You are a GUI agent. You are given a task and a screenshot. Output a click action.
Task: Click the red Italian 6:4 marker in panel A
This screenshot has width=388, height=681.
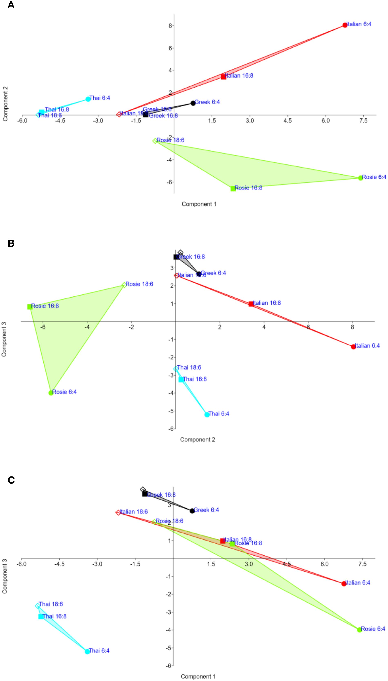click(x=345, y=25)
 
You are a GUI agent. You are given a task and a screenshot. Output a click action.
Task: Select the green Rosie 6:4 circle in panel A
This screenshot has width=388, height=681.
click(x=360, y=178)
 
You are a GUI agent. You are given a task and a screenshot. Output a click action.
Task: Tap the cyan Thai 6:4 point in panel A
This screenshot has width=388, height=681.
click(x=88, y=99)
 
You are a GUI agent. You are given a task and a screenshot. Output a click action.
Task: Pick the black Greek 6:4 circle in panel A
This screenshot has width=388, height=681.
click(x=193, y=103)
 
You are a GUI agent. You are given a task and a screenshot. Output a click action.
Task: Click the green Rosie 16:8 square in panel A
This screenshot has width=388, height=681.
click(x=233, y=189)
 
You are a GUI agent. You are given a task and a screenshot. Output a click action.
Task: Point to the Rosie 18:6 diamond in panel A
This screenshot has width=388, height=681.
click(x=155, y=141)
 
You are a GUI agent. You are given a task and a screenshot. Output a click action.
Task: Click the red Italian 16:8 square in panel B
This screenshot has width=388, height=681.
click(x=251, y=304)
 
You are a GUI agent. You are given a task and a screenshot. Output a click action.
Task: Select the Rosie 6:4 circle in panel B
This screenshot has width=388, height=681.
click(x=51, y=393)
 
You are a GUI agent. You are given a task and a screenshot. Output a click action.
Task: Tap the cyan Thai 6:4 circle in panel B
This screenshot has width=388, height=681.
click(x=207, y=415)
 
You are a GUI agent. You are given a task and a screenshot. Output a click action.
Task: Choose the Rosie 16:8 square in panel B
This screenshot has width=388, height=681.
click(x=30, y=307)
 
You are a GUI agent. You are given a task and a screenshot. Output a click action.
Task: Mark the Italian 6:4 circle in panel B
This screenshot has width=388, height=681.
click(x=353, y=347)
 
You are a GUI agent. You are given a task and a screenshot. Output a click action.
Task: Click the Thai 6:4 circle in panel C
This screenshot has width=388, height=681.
click(x=87, y=652)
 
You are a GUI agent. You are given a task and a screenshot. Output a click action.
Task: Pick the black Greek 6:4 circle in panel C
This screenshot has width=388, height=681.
click(x=192, y=511)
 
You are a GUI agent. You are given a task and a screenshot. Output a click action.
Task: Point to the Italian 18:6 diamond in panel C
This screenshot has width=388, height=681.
click(x=118, y=513)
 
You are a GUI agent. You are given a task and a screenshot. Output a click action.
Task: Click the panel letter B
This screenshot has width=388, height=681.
click(x=11, y=243)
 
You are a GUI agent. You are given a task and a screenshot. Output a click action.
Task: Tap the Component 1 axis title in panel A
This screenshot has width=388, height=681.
click(x=199, y=204)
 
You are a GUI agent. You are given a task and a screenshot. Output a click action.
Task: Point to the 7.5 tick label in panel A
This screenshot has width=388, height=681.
click(x=363, y=121)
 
